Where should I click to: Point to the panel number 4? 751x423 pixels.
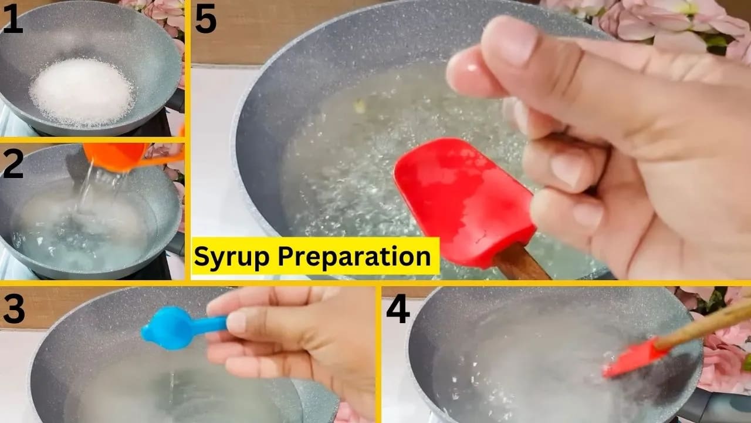(x=397, y=310)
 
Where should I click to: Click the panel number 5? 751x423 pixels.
(x=205, y=20)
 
